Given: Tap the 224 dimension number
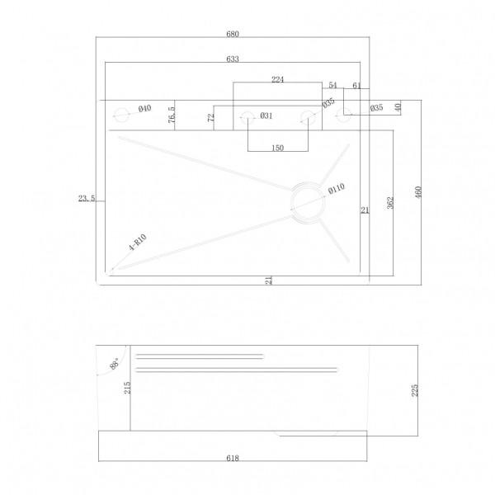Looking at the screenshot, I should coord(278,79).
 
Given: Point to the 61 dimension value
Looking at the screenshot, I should coord(356,85).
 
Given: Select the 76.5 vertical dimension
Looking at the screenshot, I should coord(172,115).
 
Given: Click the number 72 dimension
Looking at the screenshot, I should coord(211,117).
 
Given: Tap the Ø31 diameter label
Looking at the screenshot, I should coord(266,115).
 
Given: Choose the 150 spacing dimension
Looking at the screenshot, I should coord(277,148).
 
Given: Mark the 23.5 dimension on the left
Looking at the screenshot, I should coord(86,198).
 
